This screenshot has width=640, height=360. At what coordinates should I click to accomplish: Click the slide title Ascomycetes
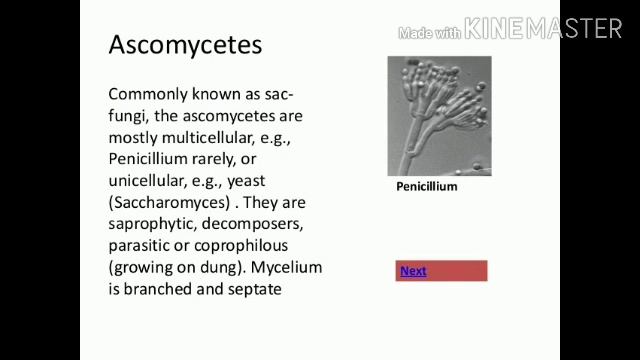(x=185, y=45)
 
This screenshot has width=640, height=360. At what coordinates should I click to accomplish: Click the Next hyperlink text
(x=413, y=271)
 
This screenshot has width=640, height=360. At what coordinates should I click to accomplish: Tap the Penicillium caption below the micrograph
(x=426, y=186)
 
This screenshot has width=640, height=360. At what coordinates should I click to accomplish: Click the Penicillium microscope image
(x=439, y=116)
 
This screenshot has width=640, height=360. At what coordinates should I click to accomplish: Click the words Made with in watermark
(x=430, y=33)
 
